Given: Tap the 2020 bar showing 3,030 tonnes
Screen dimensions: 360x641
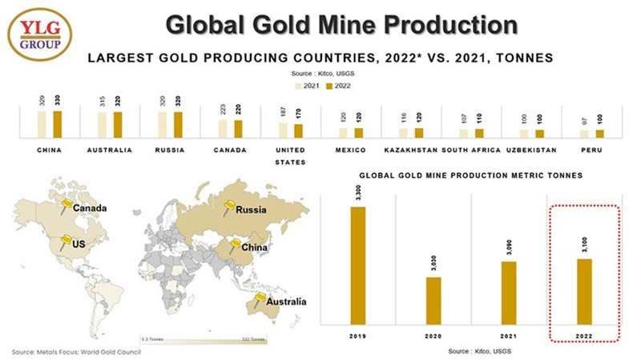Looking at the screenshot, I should coord(433,301).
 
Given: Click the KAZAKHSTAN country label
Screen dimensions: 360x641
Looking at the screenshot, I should coord(410,150).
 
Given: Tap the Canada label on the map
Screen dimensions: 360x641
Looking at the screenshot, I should coord(89,209).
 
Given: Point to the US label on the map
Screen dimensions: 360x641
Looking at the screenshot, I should coord(79,242).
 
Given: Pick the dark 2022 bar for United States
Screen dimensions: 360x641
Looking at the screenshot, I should coord(299,131).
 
